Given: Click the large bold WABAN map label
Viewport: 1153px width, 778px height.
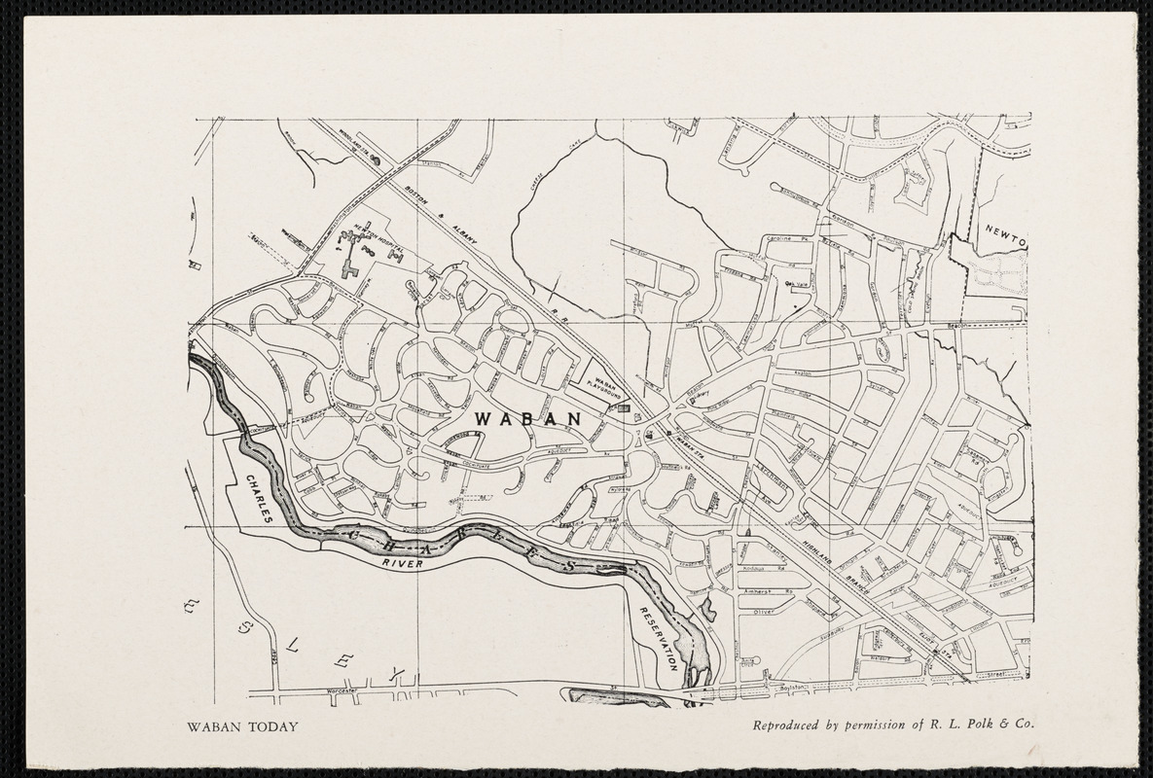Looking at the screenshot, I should [x=528, y=418].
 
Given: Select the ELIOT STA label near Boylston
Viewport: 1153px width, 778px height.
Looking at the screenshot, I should [x=936, y=654].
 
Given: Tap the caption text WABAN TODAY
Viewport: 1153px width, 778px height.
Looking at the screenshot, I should [x=243, y=725].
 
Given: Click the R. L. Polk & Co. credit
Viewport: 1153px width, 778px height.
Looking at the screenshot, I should [x=982, y=725].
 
